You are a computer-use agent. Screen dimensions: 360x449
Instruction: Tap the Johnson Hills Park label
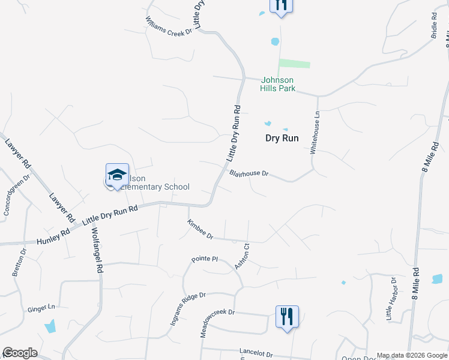[277, 84]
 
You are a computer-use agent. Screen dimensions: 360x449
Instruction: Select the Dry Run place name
[282, 138]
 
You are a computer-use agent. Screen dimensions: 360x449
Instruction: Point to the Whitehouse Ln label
[314, 133]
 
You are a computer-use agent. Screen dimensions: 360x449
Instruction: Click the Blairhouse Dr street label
[249, 173]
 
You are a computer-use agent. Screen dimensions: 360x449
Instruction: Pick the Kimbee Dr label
[200, 229]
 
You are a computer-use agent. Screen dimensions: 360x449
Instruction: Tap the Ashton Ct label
[242, 256]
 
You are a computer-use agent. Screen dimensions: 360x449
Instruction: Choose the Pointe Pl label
[204, 259]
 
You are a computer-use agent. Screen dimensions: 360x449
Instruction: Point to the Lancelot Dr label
[256, 354]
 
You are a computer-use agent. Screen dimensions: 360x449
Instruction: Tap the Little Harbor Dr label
[390, 298]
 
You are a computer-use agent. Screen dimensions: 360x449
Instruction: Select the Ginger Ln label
[41, 308]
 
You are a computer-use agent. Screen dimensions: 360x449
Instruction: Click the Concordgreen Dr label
[16, 196]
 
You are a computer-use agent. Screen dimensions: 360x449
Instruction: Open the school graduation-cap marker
[117, 175]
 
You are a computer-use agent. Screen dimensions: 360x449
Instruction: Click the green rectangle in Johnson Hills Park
[295, 64]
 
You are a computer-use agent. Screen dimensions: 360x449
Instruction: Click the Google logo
[20, 353]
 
